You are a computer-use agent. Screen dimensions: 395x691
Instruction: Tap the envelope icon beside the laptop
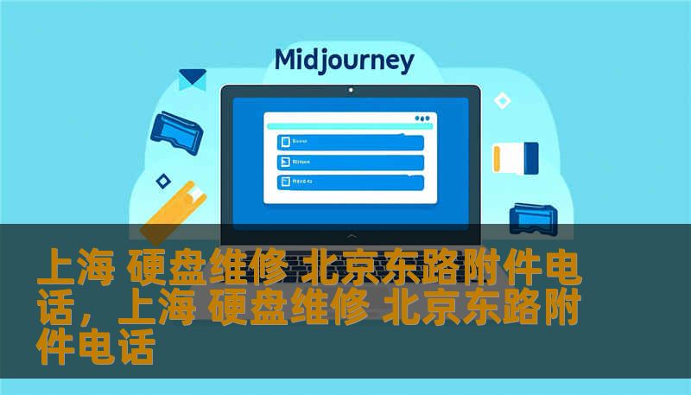pos(192,80)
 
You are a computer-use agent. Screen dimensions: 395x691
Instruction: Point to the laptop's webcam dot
pos(350,90)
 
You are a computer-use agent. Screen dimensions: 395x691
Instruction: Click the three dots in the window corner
pos(422,118)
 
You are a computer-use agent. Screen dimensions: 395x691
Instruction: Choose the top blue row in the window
pos(350,142)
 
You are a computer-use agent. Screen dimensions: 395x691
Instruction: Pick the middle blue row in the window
pos(350,162)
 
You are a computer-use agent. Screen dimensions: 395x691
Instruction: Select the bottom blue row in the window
pos(350,182)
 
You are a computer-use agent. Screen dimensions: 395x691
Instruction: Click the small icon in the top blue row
pos(283,142)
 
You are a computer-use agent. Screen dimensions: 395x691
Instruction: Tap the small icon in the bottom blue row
pos(283,182)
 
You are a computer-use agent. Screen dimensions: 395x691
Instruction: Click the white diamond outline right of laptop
pos(502,101)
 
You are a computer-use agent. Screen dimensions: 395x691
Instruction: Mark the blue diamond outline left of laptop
pos(162,181)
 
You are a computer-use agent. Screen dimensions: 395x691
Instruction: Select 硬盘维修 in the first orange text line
pos(206,270)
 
